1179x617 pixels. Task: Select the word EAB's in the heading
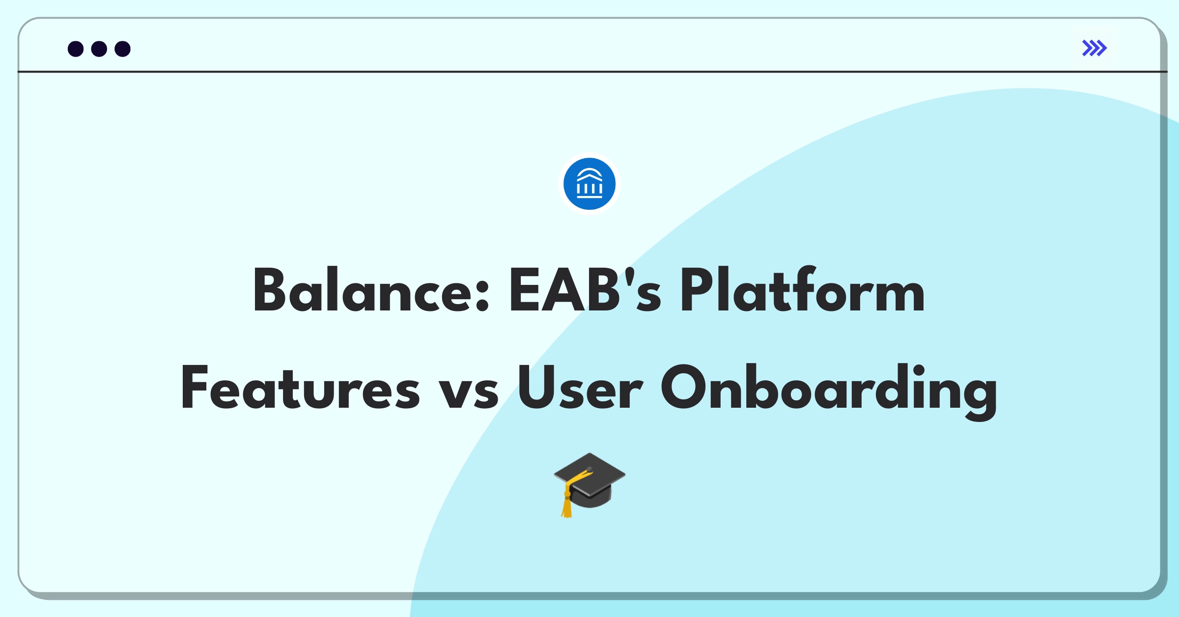(585, 291)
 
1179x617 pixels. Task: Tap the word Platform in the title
(802, 291)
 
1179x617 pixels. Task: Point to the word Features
(300, 388)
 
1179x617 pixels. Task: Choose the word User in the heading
(580, 388)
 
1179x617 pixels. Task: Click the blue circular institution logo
(589, 184)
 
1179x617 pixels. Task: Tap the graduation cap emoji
(589, 484)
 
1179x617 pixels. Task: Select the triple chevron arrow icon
(1094, 48)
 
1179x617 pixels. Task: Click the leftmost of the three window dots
(76, 49)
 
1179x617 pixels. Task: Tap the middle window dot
(99, 49)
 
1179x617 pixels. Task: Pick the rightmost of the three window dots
(122, 49)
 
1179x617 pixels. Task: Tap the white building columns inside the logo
(589, 187)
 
